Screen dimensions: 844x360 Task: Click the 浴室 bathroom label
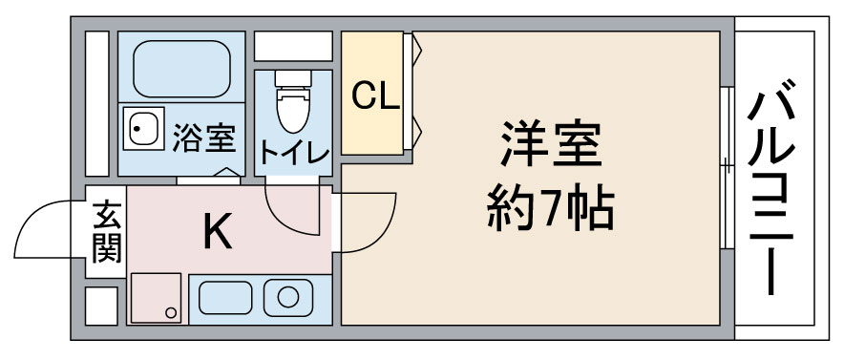click(x=203, y=138)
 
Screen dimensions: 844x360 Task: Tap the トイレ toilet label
click(x=294, y=151)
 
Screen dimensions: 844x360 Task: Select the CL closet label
click(x=375, y=96)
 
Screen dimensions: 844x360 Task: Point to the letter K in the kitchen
click(x=218, y=230)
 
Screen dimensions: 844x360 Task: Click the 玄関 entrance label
click(x=107, y=232)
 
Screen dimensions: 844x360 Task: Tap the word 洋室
click(x=551, y=143)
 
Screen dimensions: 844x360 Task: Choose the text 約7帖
click(x=550, y=208)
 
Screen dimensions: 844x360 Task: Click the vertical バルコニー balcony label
click(x=771, y=186)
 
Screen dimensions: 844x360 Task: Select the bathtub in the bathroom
click(x=182, y=69)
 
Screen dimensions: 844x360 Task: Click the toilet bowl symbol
click(x=293, y=110)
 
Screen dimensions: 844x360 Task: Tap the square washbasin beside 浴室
click(x=144, y=128)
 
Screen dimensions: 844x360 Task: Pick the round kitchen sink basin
click(x=287, y=298)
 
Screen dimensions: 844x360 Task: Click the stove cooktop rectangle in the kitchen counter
click(x=225, y=298)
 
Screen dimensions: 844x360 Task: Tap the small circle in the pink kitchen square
click(x=171, y=312)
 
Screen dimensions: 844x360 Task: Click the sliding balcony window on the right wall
click(x=728, y=167)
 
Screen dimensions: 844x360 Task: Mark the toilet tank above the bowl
click(x=293, y=78)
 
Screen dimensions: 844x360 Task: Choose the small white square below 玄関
click(x=101, y=306)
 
